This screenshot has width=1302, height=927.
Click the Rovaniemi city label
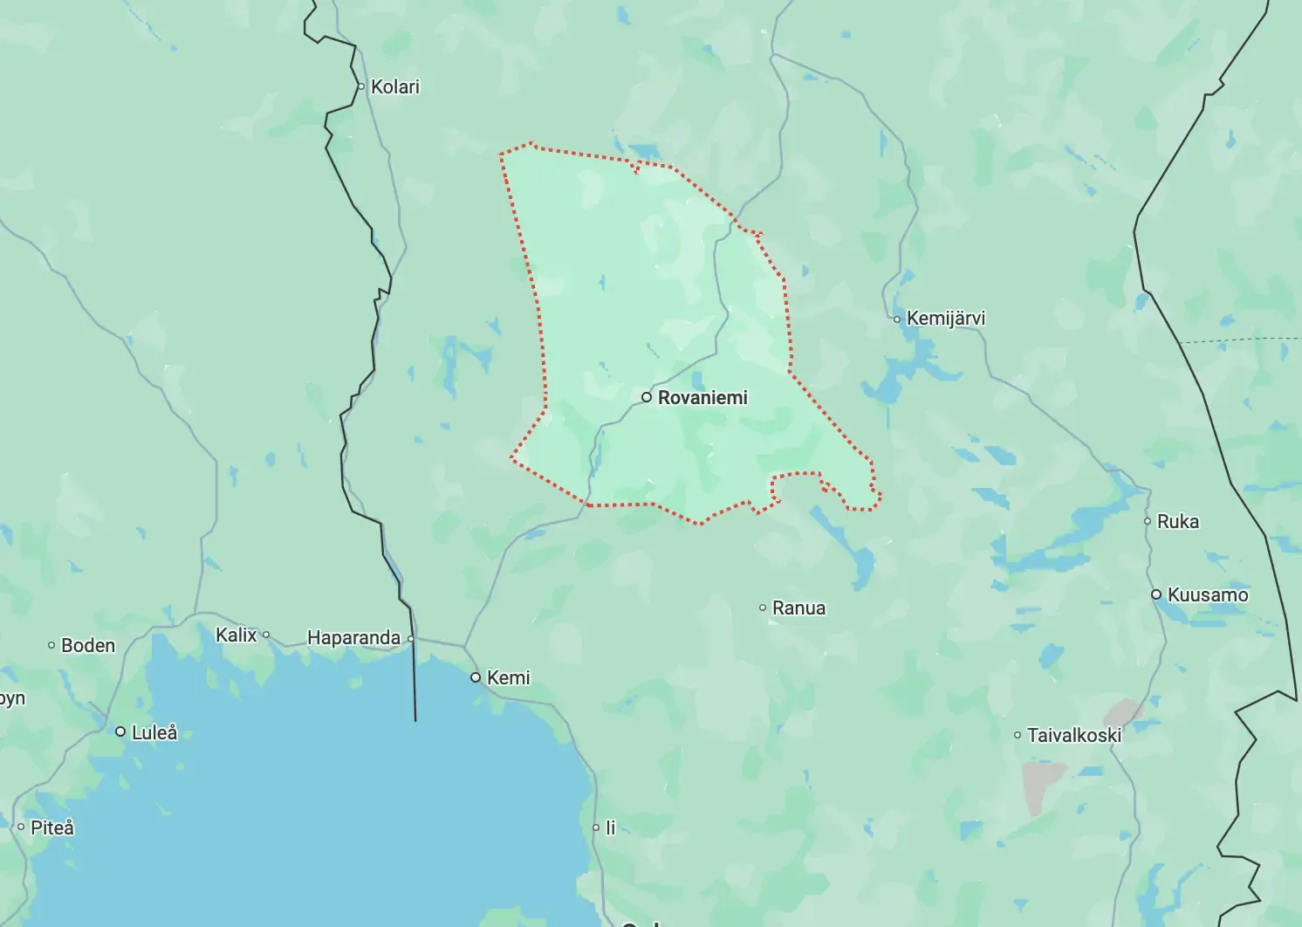702,398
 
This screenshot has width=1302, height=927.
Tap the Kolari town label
394,86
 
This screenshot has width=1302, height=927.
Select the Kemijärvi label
946,319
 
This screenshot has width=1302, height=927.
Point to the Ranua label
798,608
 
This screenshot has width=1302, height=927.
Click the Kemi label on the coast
508,677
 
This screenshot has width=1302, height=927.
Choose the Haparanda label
353,638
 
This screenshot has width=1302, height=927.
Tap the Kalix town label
236,635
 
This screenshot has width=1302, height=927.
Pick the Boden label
88,645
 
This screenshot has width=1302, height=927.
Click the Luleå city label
154,732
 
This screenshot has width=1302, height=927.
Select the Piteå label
52,827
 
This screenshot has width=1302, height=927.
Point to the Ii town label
611,827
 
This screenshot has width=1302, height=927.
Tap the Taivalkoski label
1074,735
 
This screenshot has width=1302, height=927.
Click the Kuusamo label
1208,595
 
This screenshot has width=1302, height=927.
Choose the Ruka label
1178,521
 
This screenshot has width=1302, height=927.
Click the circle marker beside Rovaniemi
647,397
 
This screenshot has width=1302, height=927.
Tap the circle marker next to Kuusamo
1156,594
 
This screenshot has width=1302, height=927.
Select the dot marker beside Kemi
476,677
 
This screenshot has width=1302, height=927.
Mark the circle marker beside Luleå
120,731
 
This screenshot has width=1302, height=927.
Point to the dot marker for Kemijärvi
897,319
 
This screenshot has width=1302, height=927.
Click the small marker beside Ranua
763,608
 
